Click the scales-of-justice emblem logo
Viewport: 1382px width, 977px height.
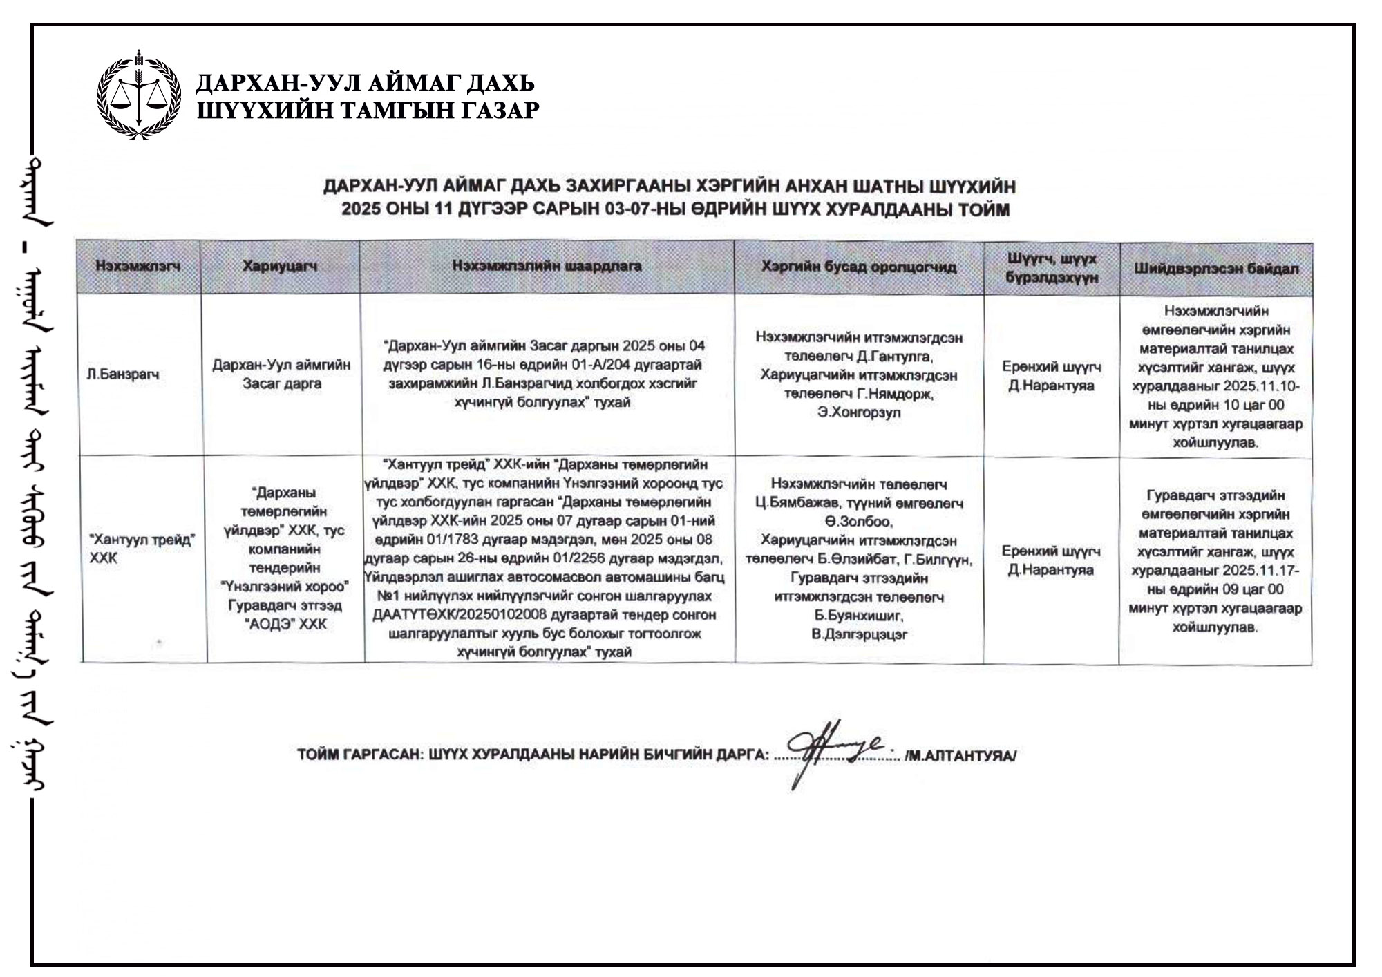click(139, 96)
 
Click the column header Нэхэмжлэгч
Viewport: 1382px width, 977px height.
click(138, 267)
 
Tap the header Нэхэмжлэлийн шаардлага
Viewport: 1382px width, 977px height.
click(547, 266)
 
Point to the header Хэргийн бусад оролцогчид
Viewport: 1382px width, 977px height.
click(859, 267)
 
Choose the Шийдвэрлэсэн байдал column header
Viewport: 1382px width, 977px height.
click(1215, 269)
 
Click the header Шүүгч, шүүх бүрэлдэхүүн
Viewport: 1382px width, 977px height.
click(1051, 268)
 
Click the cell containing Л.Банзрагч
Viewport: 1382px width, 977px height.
click(123, 374)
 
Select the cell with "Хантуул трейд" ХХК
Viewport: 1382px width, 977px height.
click(141, 549)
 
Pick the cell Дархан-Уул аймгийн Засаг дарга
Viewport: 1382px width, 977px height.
click(281, 374)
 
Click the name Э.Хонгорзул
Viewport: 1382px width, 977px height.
click(859, 413)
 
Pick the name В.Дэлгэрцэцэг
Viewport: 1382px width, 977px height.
click(859, 634)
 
